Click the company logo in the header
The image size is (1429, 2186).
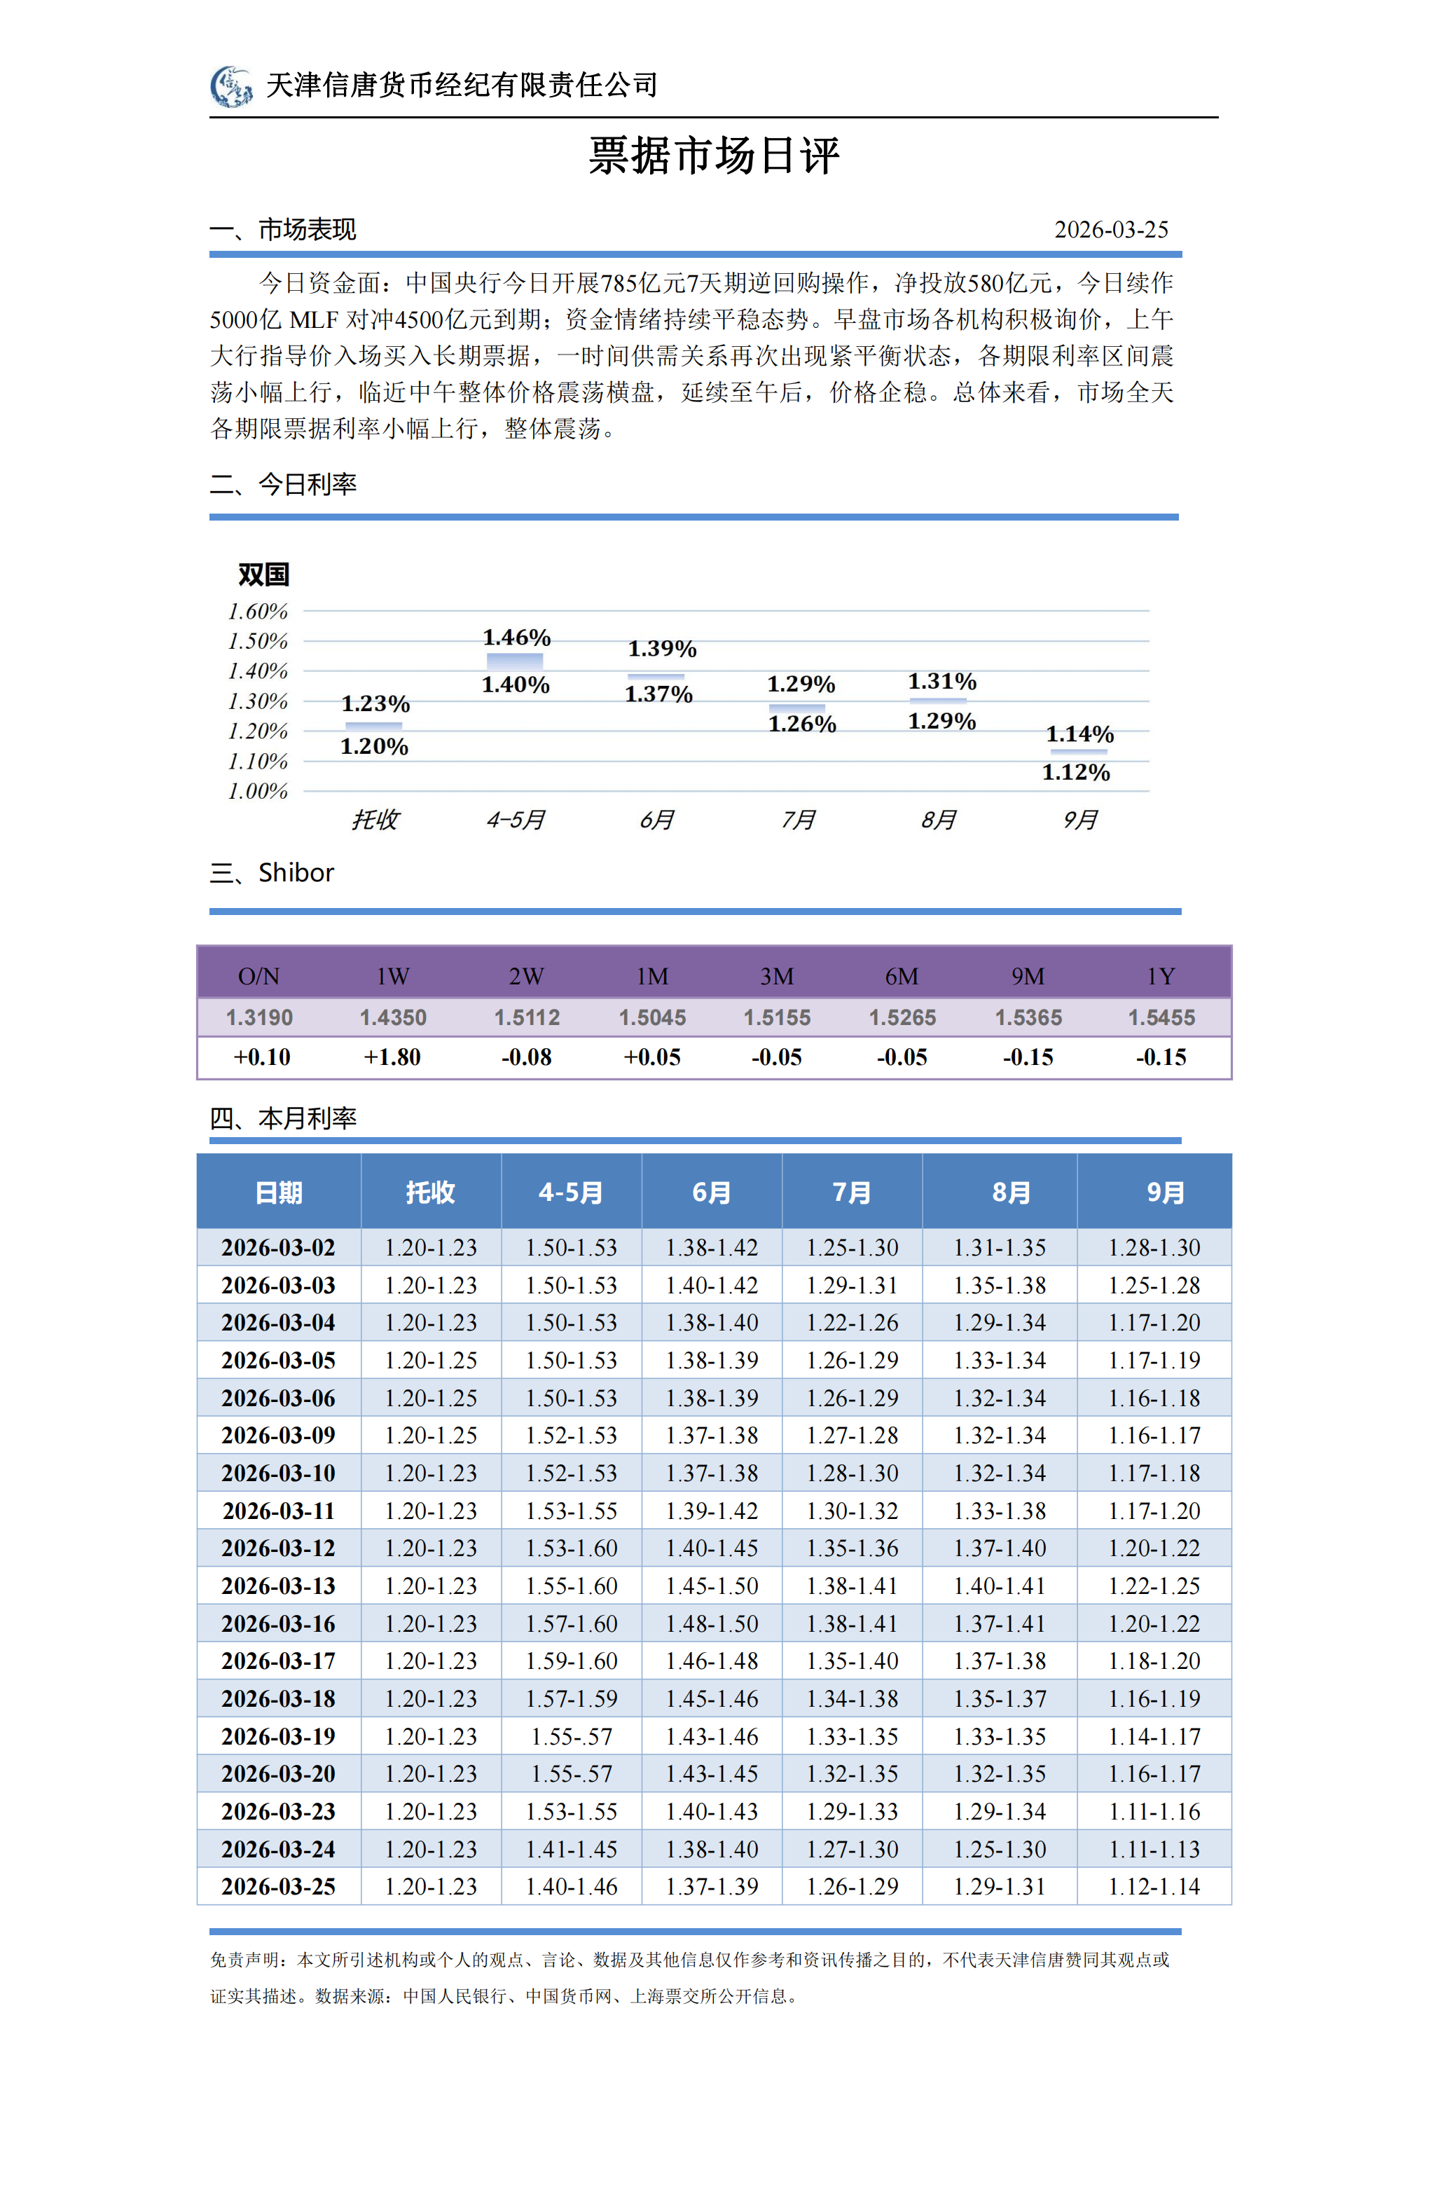tap(230, 86)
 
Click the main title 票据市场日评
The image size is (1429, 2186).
tap(714, 156)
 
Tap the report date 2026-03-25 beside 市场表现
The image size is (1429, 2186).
tap(1110, 230)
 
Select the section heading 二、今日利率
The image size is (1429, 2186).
tap(283, 484)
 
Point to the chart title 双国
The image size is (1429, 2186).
tap(263, 575)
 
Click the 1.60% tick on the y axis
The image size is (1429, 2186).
tap(258, 612)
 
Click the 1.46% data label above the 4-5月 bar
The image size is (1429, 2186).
tap(516, 638)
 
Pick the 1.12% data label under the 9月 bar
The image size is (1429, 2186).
tap(1075, 772)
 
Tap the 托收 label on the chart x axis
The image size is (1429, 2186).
tap(375, 819)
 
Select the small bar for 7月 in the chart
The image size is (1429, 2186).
tap(796, 707)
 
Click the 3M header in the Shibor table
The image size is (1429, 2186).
tap(776, 977)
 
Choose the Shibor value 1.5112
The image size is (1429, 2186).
tap(526, 1018)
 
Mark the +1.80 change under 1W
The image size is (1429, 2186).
tap(392, 1057)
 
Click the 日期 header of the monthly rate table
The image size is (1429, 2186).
tap(278, 1192)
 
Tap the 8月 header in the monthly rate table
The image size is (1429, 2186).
tap(1010, 1192)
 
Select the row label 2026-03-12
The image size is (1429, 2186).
tap(278, 1548)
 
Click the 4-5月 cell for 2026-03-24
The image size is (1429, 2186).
tap(571, 1849)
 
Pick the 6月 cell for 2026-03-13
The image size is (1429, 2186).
tap(712, 1586)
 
